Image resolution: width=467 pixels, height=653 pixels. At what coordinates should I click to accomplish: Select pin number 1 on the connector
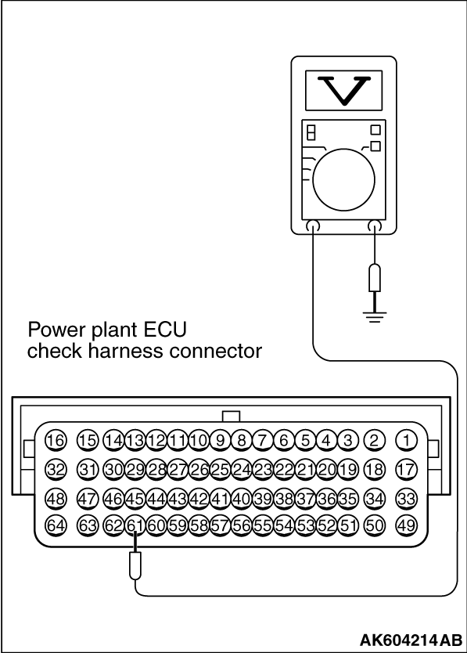pyautogui.click(x=406, y=441)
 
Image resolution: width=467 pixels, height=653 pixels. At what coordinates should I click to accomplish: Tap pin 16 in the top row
pyautogui.click(x=56, y=441)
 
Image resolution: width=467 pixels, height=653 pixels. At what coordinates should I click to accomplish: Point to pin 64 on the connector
pyautogui.click(x=56, y=525)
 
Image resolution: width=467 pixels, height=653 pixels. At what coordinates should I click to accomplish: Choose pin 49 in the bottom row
pyautogui.click(x=406, y=525)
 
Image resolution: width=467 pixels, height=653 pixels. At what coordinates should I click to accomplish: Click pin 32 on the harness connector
pyautogui.click(x=56, y=470)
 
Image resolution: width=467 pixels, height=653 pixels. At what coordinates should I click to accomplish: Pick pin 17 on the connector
pyautogui.click(x=406, y=470)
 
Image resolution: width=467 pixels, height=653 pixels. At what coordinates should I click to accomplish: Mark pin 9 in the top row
pyautogui.click(x=221, y=441)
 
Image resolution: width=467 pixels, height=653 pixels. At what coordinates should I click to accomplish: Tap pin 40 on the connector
pyautogui.click(x=242, y=499)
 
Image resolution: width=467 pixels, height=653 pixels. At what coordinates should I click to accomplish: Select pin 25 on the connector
pyautogui.click(x=221, y=470)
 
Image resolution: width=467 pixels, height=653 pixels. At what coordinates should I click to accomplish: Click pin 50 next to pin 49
pyautogui.click(x=374, y=525)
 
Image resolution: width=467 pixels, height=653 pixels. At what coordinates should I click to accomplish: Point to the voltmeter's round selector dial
pyautogui.click(x=343, y=180)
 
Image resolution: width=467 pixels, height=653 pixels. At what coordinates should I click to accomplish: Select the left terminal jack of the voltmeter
pyautogui.click(x=312, y=226)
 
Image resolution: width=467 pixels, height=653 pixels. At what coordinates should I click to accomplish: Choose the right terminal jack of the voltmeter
pyautogui.click(x=375, y=226)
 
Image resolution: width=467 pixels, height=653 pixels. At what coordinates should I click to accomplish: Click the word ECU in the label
pyautogui.click(x=165, y=330)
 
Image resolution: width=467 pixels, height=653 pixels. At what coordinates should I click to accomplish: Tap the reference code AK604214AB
pyautogui.click(x=411, y=639)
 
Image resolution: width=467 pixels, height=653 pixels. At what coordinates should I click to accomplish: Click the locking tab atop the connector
pyautogui.click(x=232, y=417)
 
